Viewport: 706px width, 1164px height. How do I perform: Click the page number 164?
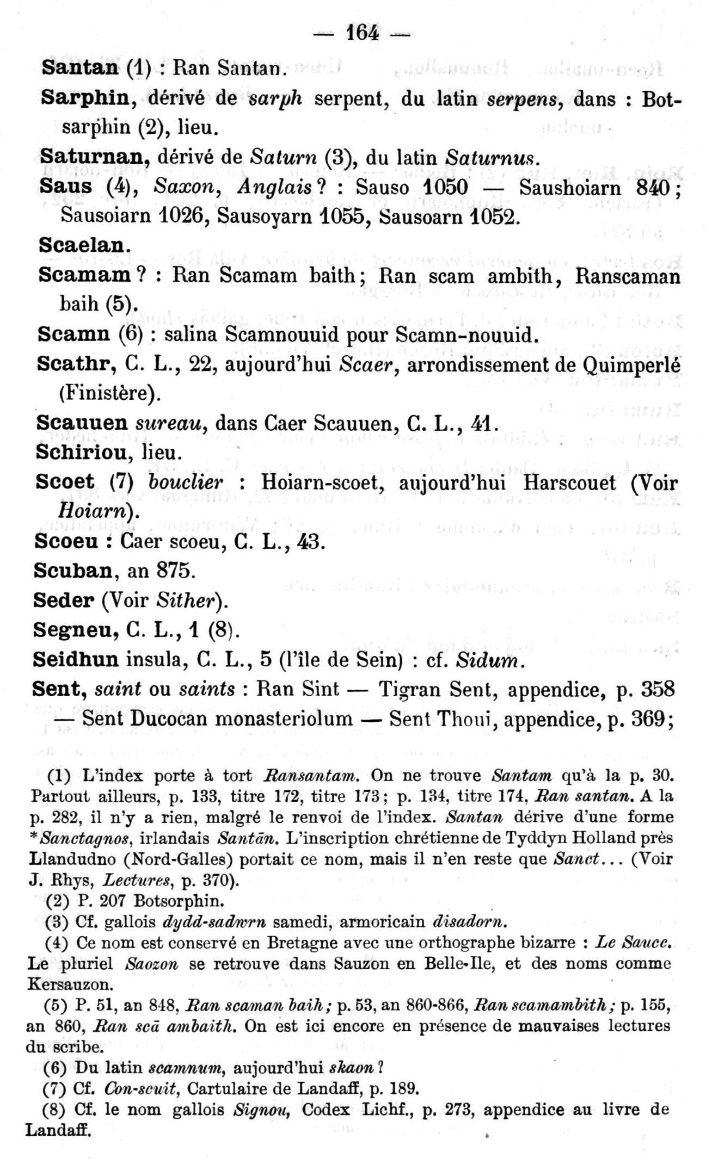click(x=362, y=33)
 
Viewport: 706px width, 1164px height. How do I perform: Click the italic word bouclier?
click(x=186, y=482)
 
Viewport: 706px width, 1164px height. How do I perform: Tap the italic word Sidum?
click(x=490, y=660)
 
